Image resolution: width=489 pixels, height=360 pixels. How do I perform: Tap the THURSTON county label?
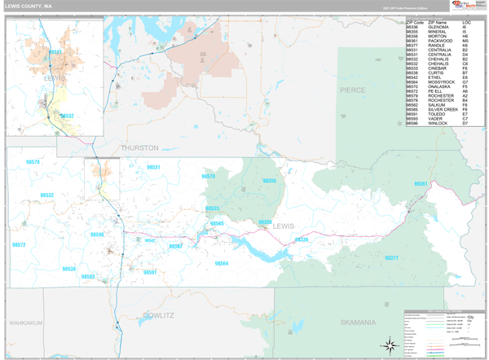(x=139, y=147)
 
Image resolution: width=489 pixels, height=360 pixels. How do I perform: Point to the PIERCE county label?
(x=353, y=89)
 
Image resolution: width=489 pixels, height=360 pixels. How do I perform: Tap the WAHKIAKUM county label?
(x=25, y=323)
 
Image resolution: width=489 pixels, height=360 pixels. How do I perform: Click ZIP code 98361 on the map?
(x=421, y=184)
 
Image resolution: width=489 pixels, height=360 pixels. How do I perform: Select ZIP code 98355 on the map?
(x=269, y=181)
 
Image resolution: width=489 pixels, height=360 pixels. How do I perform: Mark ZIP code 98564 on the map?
(x=222, y=263)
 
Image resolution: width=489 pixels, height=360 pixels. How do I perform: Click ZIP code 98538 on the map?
(x=69, y=268)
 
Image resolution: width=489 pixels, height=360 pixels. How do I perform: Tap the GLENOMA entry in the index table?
(x=438, y=27)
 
